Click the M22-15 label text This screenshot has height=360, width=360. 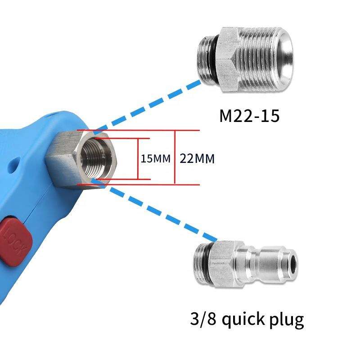point(250,116)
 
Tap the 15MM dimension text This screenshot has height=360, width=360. point(155,159)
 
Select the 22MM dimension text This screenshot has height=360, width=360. point(197,158)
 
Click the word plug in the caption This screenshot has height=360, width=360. point(287,320)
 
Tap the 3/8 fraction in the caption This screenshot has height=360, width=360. point(203,319)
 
